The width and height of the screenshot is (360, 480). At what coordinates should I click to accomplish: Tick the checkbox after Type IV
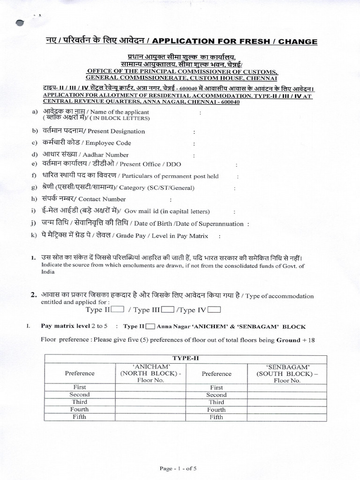pyautogui.click(x=214, y=310)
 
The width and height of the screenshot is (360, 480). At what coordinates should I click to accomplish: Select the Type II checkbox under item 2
pyautogui.click(x=117, y=310)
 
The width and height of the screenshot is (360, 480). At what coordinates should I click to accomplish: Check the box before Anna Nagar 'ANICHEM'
pyautogui.click(x=151, y=326)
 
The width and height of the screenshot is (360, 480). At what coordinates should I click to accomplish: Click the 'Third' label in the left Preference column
pyautogui.click(x=80, y=402)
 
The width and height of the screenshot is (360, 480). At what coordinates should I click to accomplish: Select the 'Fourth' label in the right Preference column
pyautogui.click(x=217, y=410)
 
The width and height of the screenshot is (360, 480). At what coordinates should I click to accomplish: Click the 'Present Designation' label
pyautogui.click(x=117, y=132)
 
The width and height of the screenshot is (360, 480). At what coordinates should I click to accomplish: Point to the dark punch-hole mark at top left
pyautogui.click(x=20, y=23)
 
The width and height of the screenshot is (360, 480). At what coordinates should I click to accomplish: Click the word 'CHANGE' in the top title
pyautogui.click(x=298, y=42)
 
